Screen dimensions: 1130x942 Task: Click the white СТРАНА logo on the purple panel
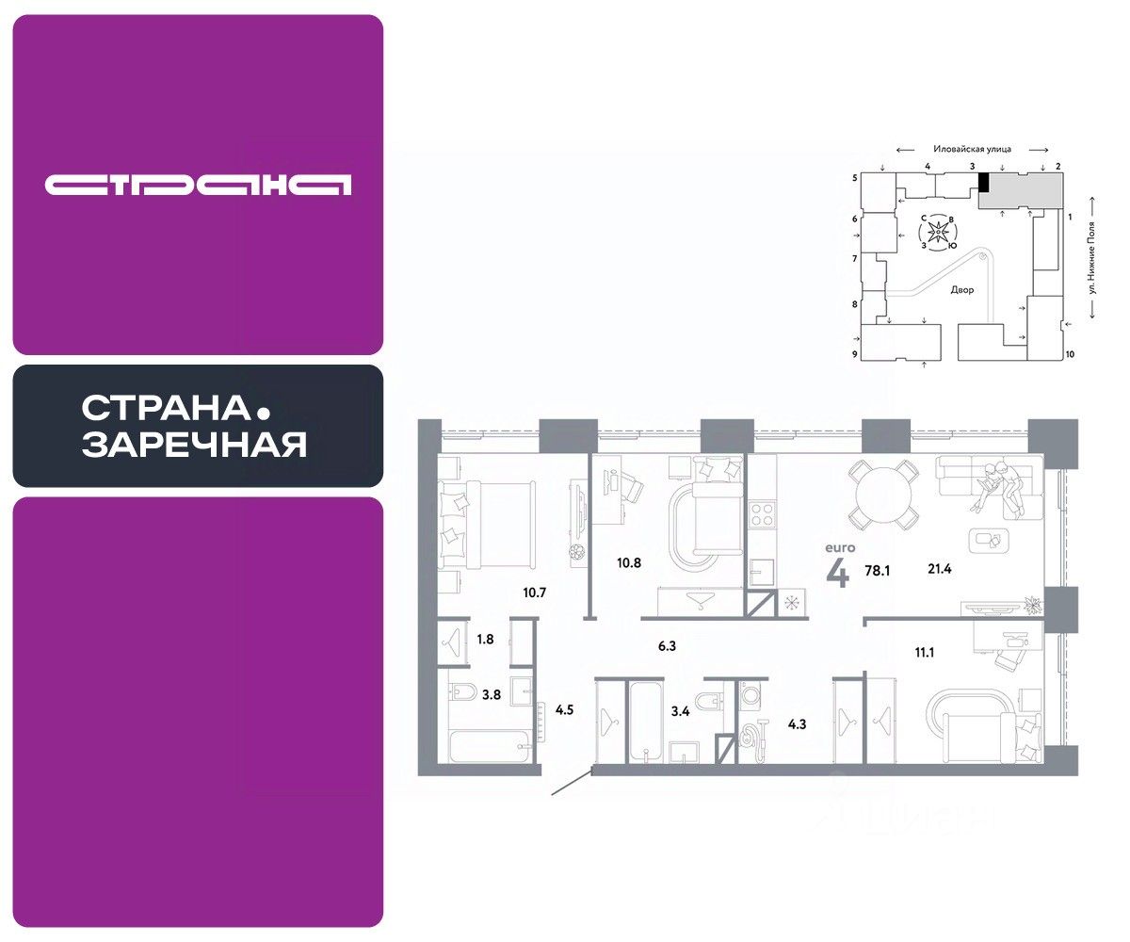pos(198,185)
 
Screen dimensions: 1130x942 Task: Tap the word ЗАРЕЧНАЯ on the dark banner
pos(194,444)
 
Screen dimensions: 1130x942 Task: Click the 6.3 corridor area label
pos(668,646)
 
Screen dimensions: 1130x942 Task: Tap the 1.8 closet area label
pos(485,639)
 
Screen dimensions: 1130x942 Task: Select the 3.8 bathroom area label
pos(491,695)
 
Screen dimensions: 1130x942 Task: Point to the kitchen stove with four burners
pos(761,514)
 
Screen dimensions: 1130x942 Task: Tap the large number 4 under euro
pos(836,574)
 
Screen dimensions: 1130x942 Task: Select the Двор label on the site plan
pos(961,290)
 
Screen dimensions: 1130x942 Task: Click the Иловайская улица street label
pos(972,149)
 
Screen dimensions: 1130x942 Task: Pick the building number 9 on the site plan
pos(855,354)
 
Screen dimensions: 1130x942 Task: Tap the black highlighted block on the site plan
pos(983,183)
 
